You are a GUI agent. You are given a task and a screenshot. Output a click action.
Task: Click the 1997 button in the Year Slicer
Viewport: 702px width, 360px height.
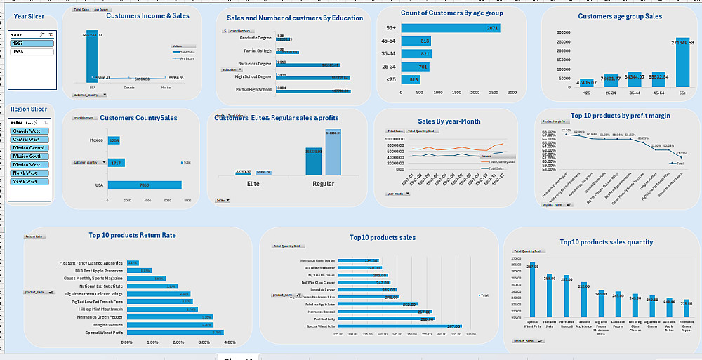pyautogui.click(x=32, y=44)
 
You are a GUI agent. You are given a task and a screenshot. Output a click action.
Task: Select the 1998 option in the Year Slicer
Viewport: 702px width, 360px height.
pyautogui.click(x=32, y=52)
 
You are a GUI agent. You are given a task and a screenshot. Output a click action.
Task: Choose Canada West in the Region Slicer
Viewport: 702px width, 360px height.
pyautogui.click(x=29, y=131)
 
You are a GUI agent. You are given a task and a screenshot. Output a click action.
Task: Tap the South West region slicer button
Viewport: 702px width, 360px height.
pyautogui.click(x=29, y=182)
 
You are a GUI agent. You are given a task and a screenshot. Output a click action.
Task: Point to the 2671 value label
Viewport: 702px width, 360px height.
pyautogui.click(x=492, y=27)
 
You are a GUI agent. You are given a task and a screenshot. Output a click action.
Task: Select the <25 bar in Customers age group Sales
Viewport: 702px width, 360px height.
pyautogui.click(x=585, y=86)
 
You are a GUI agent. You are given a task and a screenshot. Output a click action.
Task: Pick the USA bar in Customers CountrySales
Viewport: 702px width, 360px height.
pyautogui.click(x=145, y=185)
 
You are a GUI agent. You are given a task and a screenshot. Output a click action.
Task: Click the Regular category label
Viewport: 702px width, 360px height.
pyautogui.click(x=323, y=184)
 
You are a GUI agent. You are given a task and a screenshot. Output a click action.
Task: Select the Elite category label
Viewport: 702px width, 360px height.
pyautogui.click(x=253, y=184)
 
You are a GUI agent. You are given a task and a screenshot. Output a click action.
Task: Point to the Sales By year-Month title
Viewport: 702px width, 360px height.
pyautogui.click(x=449, y=121)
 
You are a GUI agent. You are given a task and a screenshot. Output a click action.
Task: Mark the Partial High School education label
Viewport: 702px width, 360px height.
pyautogui.click(x=254, y=90)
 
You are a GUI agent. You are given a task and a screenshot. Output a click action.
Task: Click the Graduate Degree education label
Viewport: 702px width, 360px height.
pyautogui.click(x=256, y=39)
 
